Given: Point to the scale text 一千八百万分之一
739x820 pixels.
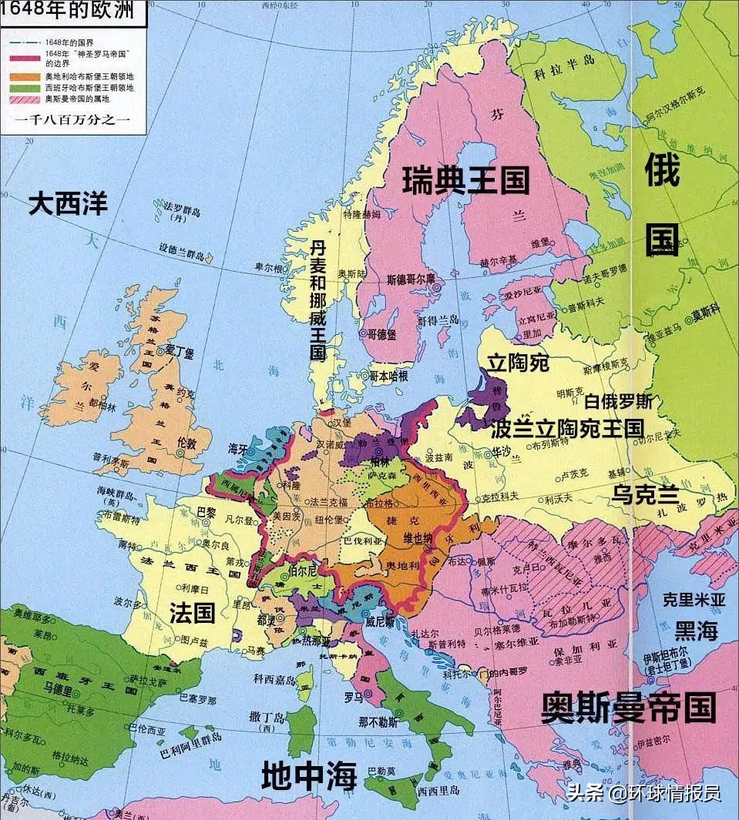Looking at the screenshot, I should (72, 119).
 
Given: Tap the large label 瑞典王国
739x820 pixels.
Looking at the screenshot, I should (466, 181).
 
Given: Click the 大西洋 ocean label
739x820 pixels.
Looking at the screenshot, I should (69, 204).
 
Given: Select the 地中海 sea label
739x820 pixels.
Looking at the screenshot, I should (309, 775).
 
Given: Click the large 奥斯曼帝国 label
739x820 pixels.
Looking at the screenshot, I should (628, 707).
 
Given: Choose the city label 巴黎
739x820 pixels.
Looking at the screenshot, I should (207, 511).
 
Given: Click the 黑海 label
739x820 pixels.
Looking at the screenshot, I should (696, 631).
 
